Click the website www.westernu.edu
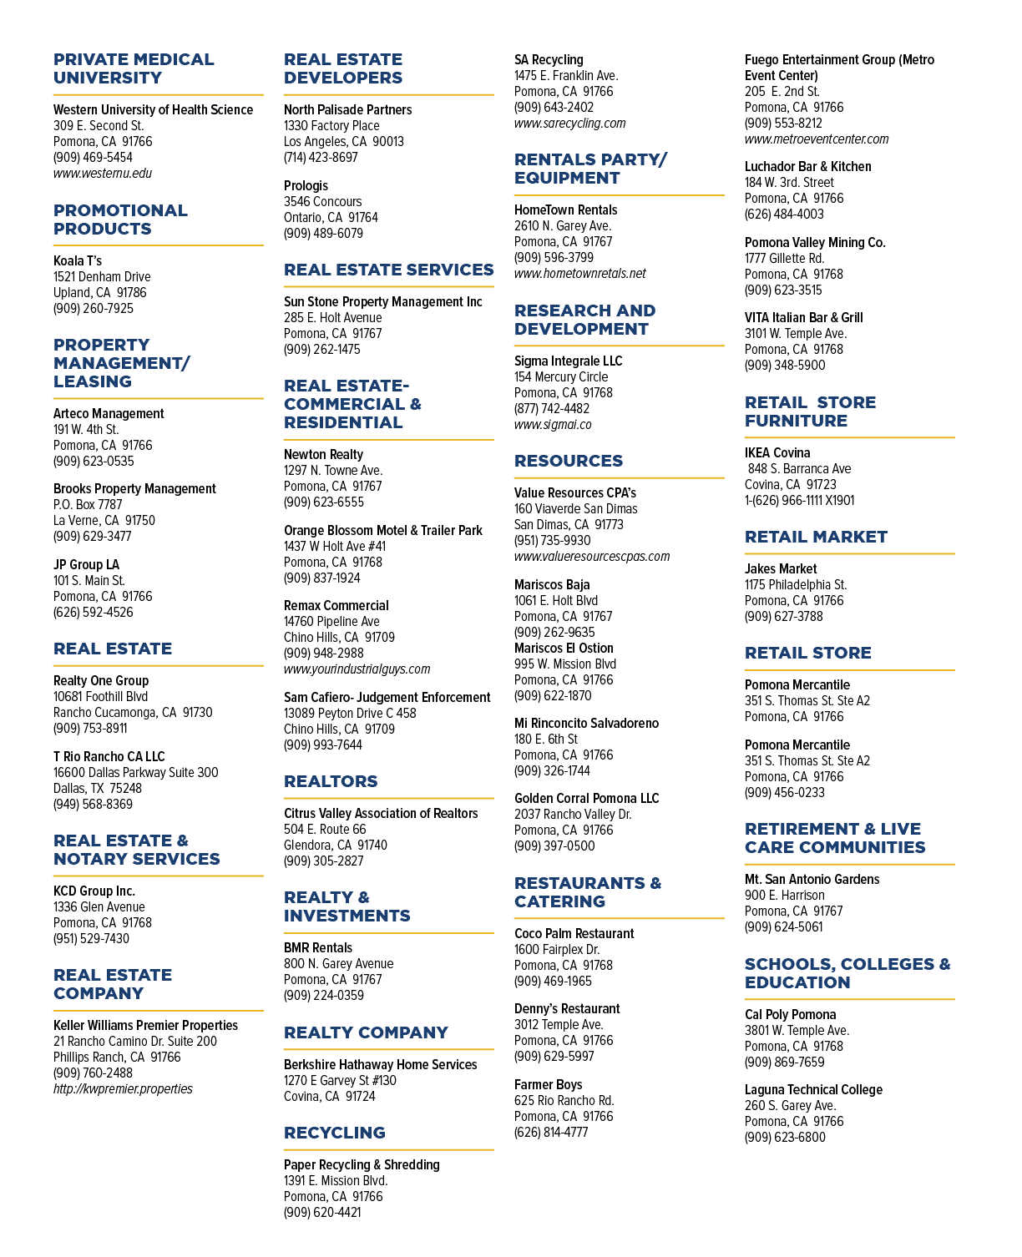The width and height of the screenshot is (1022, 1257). (102, 174)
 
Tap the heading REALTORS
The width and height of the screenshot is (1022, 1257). (331, 781)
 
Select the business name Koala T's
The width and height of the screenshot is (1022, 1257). (78, 261)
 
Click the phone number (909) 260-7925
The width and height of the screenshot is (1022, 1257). (94, 309)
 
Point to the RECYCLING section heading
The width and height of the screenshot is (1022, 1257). (335, 1133)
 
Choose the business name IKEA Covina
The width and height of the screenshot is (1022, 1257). (777, 452)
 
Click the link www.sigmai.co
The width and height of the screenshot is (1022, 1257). (553, 425)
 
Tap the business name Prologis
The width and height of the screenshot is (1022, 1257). (306, 186)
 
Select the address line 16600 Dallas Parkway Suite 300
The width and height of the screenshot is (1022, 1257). (136, 773)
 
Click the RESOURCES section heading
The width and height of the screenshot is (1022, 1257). (569, 461)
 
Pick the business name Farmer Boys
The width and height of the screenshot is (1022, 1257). (548, 1085)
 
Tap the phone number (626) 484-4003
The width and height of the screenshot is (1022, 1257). (784, 215)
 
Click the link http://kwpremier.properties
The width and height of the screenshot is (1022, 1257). (123, 1088)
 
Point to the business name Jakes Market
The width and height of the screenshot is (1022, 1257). (781, 569)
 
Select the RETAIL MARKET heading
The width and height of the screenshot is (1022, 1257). (816, 537)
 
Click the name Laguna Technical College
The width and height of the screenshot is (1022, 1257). (813, 1089)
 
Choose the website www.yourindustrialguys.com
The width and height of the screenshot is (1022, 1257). (357, 669)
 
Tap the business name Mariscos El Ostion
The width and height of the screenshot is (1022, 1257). (564, 648)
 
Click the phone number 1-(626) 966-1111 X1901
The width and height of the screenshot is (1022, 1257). (799, 501)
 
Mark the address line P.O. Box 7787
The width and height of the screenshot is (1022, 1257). (88, 505)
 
